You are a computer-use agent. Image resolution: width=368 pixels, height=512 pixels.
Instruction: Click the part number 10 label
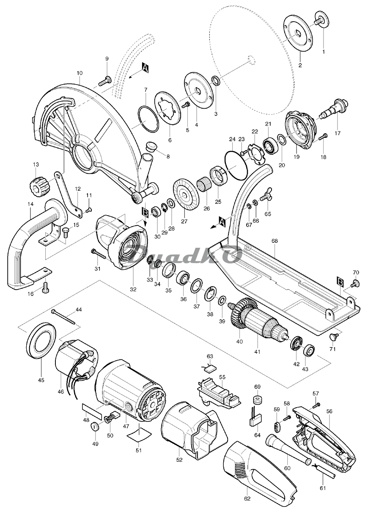(80, 73)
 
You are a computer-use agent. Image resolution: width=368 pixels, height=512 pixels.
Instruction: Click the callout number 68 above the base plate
(275, 241)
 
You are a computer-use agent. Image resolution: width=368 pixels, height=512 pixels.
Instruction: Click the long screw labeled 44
(63, 317)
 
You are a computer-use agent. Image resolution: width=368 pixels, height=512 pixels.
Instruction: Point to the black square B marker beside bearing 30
(145, 213)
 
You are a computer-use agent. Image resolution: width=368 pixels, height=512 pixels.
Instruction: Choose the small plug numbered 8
(150, 147)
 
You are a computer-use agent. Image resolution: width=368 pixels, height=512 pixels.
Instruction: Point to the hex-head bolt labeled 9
(105, 81)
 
